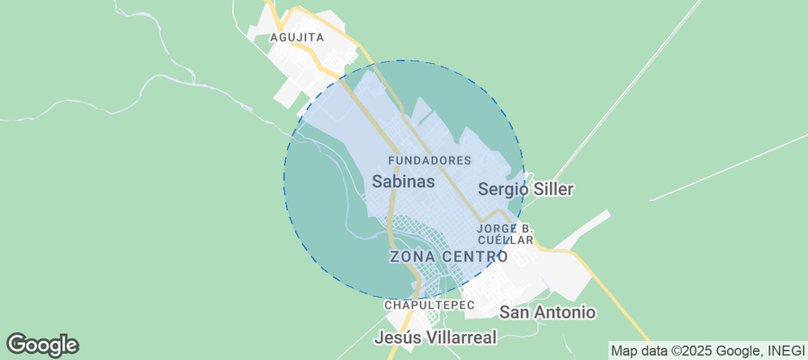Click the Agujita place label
click(x=297, y=37)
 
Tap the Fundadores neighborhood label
click(x=429, y=160)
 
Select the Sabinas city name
click(x=403, y=181)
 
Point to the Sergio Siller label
click(x=525, y=189)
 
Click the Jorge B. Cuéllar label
click(x=506, y=234)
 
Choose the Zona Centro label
click(x=454, y=256)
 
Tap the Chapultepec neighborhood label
click(x=428, y=306)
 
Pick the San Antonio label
click(x=547, y=312)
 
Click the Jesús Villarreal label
click(x=435, y=338)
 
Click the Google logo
click(x=42, y=344)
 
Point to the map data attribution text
click(x=705, y=350)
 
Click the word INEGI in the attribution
click(x=781, y=350)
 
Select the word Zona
click(x=412, y=256)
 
